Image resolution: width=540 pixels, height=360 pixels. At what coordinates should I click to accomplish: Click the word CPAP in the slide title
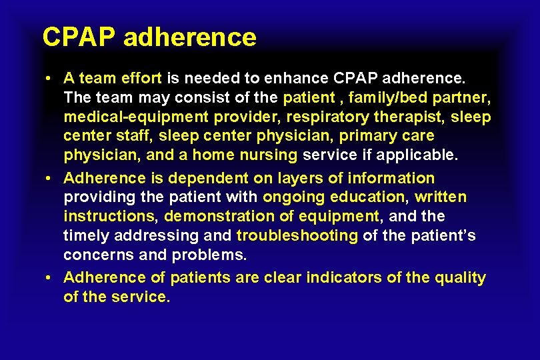pyautogui.click(x=79, y=37)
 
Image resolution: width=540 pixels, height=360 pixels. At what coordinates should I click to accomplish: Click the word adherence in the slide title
pyautogui.click(x=189, y=37)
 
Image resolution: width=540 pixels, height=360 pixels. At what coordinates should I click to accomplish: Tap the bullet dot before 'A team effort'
pyautogui.click(x=51, y=79)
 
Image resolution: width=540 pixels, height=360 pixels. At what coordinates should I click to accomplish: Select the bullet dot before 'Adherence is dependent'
pyautogui.click(x=51, y=179)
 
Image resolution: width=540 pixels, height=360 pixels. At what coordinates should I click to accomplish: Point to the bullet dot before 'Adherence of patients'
pyautogui.click(x=51, y=278)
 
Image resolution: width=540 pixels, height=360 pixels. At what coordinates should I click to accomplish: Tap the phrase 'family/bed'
pyautogui.click(x=389, y=97)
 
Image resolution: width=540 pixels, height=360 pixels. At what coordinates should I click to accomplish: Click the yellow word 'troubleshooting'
pyautogui.click(x=297, y=236)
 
